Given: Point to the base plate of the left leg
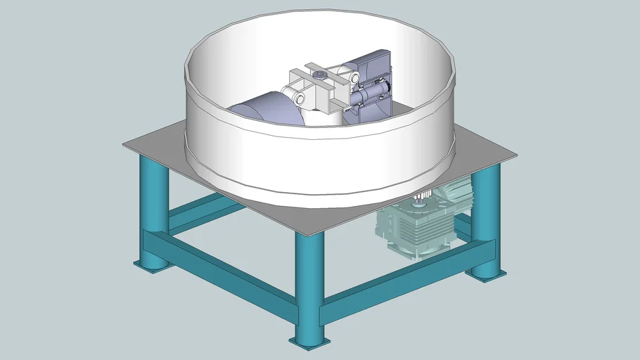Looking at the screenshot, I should click(x=151, y=266).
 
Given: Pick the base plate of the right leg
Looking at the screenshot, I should click(x=487, y=273).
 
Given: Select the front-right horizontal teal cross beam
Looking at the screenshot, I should click(x=408, y=278).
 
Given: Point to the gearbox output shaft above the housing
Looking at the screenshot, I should click(x=421, y=201).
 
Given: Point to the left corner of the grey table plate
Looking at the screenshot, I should click(x=125, y=146).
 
